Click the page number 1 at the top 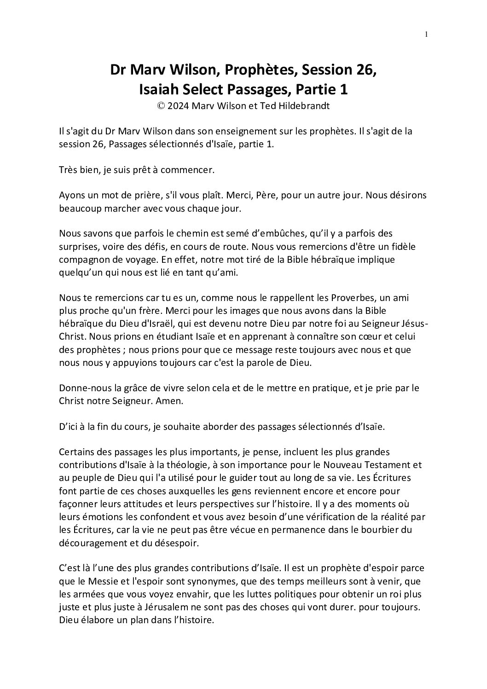[427, 34]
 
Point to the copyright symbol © [161, 105]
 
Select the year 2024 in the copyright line [179, 105]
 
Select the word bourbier [379, 529]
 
